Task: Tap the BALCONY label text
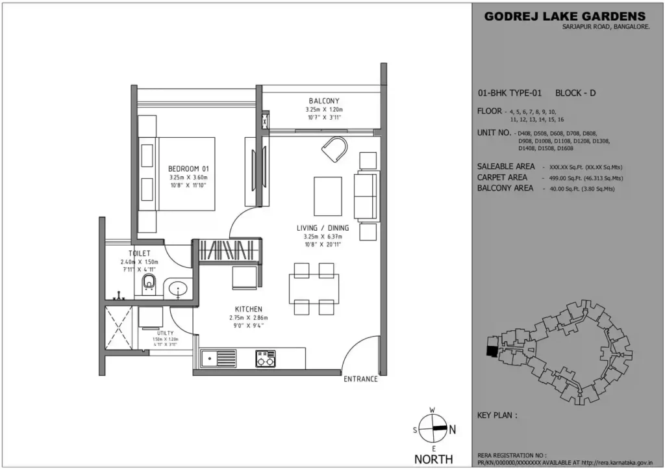tap(323, 101)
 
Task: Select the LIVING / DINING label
tap(323, 228)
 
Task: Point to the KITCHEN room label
tap(249, 309)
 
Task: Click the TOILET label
tap(140, 253)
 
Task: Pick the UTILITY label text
tap(165, 333)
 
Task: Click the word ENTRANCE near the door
tap(360, 379)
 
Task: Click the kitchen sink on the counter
tap(218, 358)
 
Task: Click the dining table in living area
tap(314, 289)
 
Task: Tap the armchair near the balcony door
tap(334, 150)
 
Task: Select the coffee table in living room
tap(328, 195)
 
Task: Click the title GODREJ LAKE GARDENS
tap(565, 16)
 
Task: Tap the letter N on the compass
tap(453, 430)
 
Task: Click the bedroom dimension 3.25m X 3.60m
tap(188, 176)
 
